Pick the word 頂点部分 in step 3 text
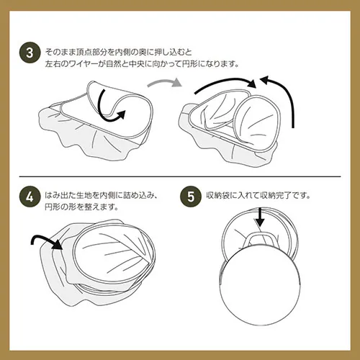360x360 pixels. point(89,53)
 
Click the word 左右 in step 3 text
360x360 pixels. point(53,63)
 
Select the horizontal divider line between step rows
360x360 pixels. point(180,175)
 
